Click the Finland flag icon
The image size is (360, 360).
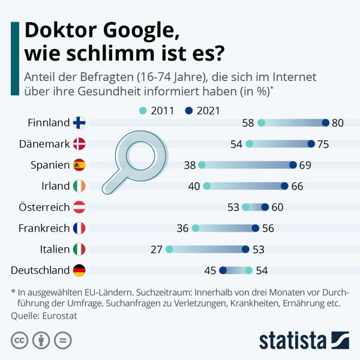click(79, 123)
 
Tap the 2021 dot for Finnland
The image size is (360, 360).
click(325, 123)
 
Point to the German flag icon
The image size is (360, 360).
click(79, 271)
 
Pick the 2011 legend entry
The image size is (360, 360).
click(158, 110)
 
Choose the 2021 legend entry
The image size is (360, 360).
click(203, 110)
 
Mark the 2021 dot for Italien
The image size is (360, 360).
click(245, 249)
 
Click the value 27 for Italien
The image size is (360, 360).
click(157, 249)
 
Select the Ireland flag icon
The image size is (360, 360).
click(79, 186)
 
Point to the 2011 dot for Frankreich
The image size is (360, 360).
click(195, 228)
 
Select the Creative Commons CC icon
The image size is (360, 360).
click(20, 341)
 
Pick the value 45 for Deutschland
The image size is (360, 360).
click(210, 271)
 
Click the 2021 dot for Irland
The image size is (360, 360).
click(284, 186)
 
